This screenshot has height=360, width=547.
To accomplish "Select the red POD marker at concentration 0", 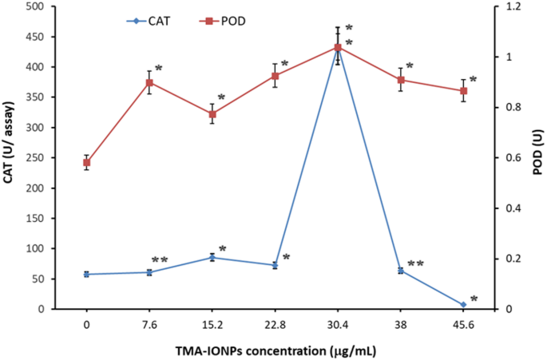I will coord(86,162).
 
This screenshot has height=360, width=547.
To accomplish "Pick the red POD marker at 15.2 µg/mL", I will coord(212,114).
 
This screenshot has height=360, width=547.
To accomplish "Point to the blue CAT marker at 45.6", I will coord(464,304).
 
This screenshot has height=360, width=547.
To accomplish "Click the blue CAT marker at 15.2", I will coord(212,257).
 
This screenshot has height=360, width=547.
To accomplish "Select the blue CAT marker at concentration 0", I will coord(86,274).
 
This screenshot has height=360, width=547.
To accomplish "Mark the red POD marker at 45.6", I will coord(464,91).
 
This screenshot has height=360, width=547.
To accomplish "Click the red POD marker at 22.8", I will coord(275,76).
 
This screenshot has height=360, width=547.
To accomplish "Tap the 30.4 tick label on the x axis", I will coord(338,324).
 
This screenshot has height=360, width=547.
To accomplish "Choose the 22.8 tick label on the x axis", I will coord(275,324).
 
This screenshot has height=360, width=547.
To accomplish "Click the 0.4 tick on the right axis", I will coord(506,208).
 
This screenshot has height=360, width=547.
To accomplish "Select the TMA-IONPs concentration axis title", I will coord(275,349).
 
